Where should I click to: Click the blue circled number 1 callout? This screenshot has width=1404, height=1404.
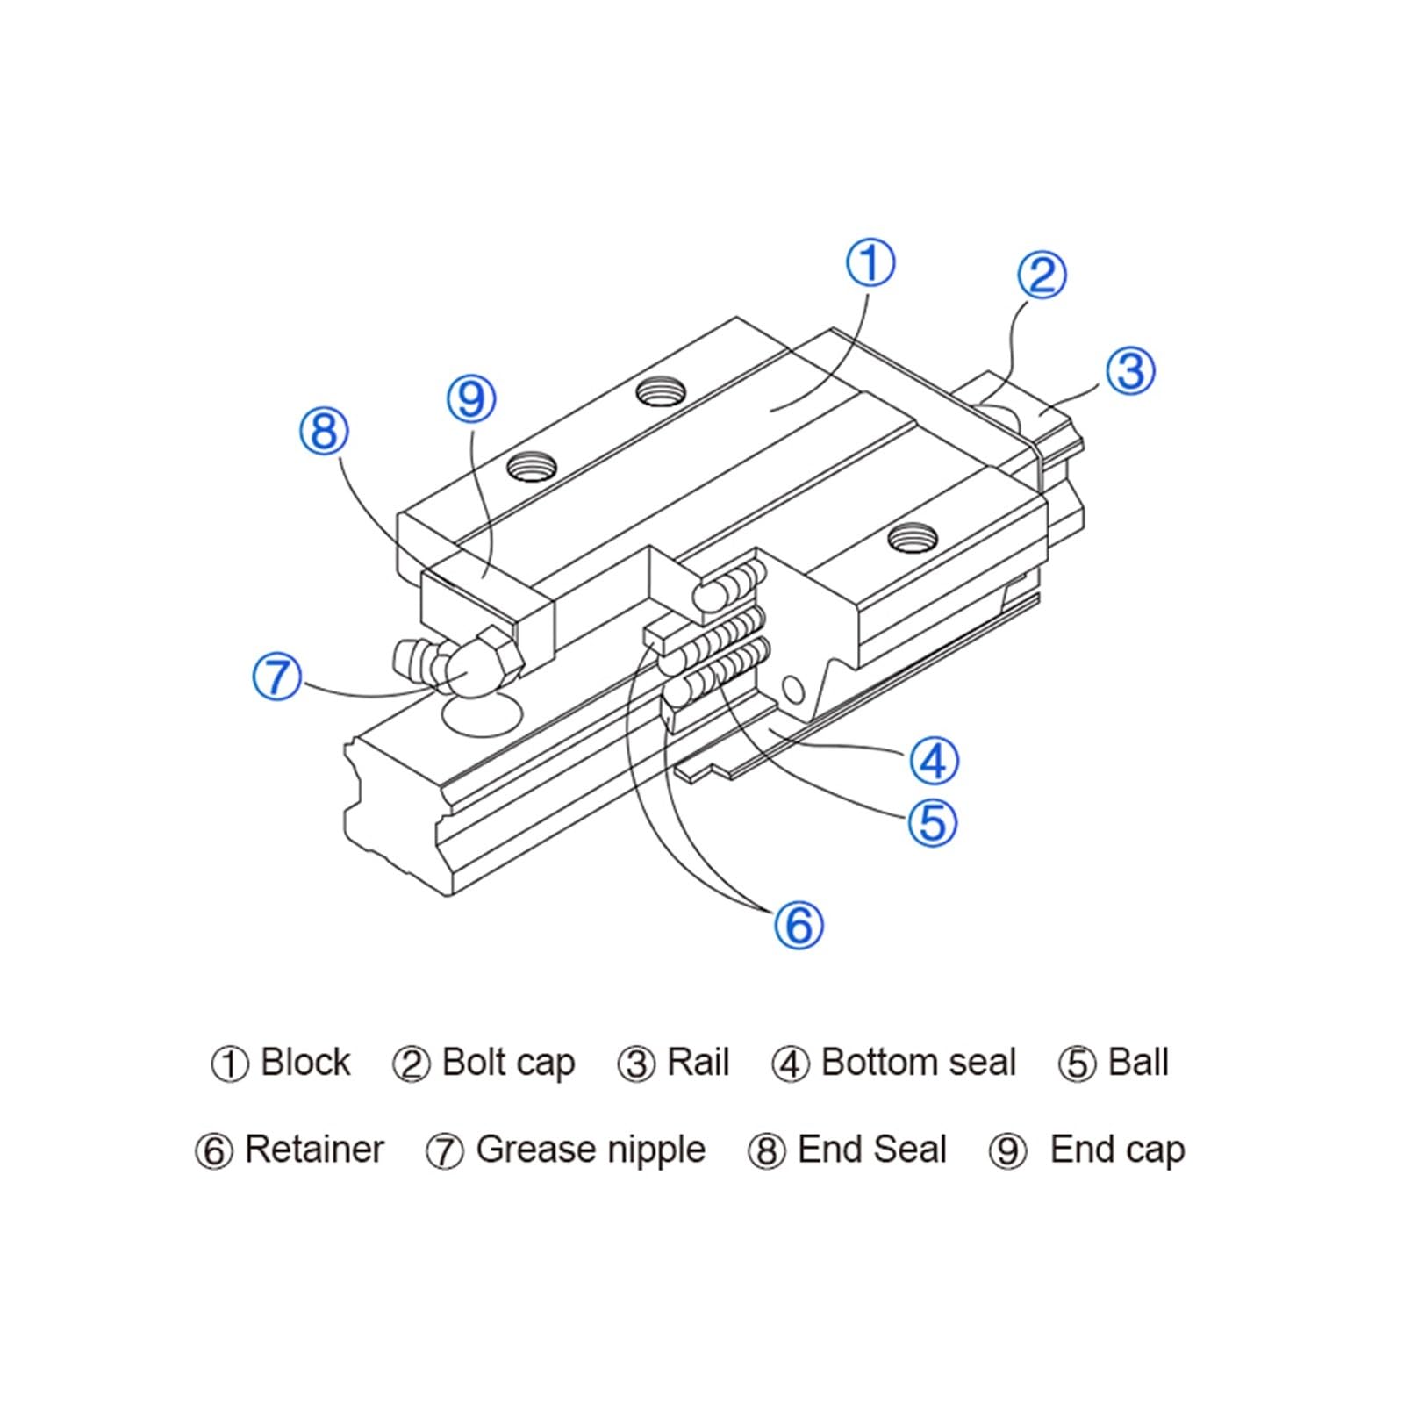(x=870, y=263)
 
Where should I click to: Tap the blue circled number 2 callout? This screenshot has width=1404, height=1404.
(x=1042, y=275)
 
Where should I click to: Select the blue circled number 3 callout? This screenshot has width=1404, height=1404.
(x=1130, y=369)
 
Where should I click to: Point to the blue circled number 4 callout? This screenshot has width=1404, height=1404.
(x=934, y=760)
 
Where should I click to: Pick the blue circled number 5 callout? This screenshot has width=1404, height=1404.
(x=932, y=823)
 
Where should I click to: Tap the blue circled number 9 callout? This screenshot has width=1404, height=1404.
(x=471, y=399)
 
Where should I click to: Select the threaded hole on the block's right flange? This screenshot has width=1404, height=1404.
(x=912, y=536)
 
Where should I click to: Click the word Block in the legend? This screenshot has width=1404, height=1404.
(x=305, y=1063)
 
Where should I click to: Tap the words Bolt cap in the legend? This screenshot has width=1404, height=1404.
(x=509, y=1063)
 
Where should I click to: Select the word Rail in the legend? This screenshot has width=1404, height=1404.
(x=698, y=1063)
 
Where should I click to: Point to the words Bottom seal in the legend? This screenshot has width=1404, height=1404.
(x=918, y=1063)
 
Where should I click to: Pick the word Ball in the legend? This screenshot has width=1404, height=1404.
(x=1138, y=1063)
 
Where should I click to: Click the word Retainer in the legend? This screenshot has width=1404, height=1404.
(x=314, y=1150)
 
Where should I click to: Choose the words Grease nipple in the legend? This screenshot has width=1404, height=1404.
(x=591, y=1150)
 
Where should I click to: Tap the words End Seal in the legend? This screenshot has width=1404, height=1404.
(x=872, y=1150)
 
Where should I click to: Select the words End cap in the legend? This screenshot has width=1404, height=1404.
(x=1117, y=1150)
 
